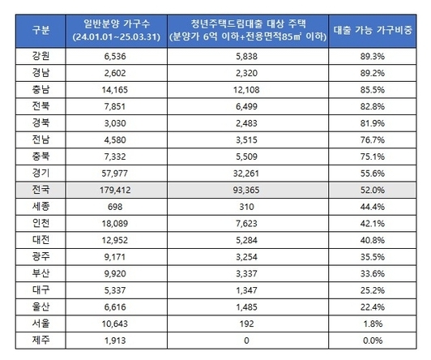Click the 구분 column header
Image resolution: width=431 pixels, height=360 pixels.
[x=41, y=30]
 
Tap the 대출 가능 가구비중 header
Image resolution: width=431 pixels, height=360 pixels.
[x=373, y=30]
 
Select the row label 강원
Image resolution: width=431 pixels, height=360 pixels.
[x=41, y=56]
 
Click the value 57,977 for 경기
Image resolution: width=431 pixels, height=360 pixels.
[x=115, y=174]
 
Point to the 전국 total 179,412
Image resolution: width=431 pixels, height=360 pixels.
[x=115, y=190]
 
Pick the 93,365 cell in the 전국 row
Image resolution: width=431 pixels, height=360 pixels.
[x=246, y=190]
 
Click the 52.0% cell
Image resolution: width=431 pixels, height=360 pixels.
[x=373, y=190]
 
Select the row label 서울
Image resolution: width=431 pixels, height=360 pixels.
[x=41, y=324]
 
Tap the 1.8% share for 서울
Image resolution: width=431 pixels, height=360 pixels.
[x=373, y=324]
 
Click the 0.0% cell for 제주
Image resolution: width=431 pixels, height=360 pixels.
[x=373, y=341]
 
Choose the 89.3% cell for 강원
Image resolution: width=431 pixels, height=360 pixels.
[x=373, y=57]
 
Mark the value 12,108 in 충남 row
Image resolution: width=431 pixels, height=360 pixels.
[x=246, y=90]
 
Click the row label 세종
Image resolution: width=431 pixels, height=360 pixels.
[x=41, y=207]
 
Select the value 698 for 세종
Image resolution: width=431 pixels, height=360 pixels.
[x=115, y=207]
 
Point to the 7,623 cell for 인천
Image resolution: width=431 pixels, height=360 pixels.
[x=246, y=223]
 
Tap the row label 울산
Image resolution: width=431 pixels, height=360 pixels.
[x=41, y=306]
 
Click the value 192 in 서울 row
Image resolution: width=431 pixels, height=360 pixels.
[x=246, y=324]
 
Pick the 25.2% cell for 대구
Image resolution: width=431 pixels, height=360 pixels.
[x=373, y=290]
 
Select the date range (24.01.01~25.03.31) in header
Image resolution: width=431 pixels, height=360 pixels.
[x=117, y=36]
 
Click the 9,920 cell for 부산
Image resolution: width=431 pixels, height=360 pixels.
[x=115, y=273]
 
